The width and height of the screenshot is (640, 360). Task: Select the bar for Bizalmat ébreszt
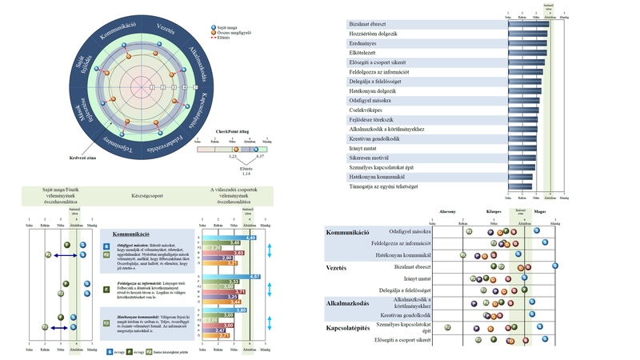click(529, 24)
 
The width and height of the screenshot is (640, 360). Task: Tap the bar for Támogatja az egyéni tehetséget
click(520, 186)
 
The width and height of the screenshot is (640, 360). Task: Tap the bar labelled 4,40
click(229, 238)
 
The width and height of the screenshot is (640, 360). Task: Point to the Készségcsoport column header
click(148, 192)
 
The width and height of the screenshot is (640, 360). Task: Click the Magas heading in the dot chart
click(540, 213)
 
